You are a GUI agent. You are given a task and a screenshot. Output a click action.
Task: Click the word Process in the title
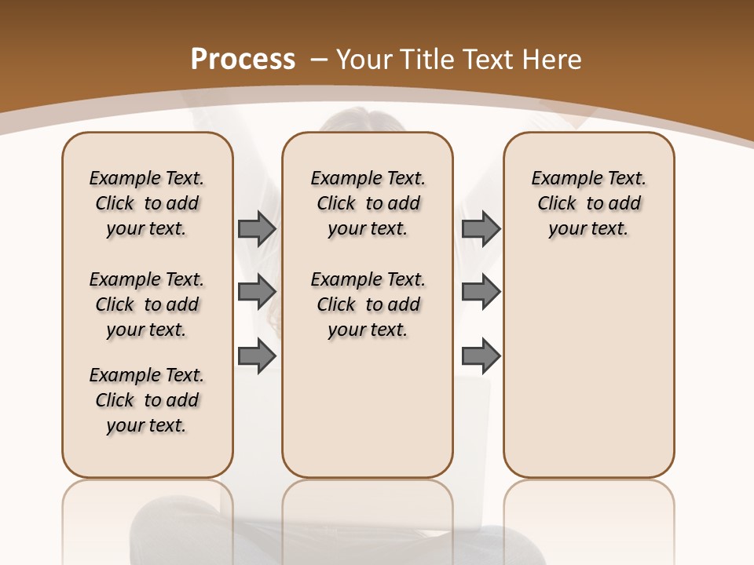pyautogui.click(x=243, y=60)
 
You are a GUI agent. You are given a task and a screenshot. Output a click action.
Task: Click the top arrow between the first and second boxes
pyautogui.click(x=256, y=228)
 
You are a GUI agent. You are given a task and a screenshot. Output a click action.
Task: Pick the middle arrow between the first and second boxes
pyautogui.click(x=256, y=293)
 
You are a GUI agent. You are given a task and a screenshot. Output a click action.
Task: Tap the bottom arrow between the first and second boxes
pyautogui.click(x=256, y=356)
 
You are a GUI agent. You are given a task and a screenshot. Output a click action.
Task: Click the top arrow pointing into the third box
pyautogui.click(x=481, y=228)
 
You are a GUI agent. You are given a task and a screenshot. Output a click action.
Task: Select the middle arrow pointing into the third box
pyautogui.click(x=481, y=293)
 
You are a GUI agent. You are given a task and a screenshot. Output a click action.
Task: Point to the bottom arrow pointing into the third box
pyautogui.click(x=481, y=356)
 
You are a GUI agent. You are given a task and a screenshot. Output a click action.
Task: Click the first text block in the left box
pyautogui.click(x=147, y=203)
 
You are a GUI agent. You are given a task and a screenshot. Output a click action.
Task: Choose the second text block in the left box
pyautogui.click(x=147, y=304)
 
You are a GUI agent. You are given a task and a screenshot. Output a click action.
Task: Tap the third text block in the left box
pyautogui.click(x=147, y=400)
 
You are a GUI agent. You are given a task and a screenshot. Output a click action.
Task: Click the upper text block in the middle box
pyautogui.click(x=368, y=203)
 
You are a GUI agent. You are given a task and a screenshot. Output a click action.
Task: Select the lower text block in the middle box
pyautogui.click(x=368, y=304)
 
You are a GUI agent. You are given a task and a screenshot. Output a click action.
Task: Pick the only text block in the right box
pyautogui.click(x=588, y=203)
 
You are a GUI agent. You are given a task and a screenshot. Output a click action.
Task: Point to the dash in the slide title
pyautogui.click(x=319, y=60)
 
